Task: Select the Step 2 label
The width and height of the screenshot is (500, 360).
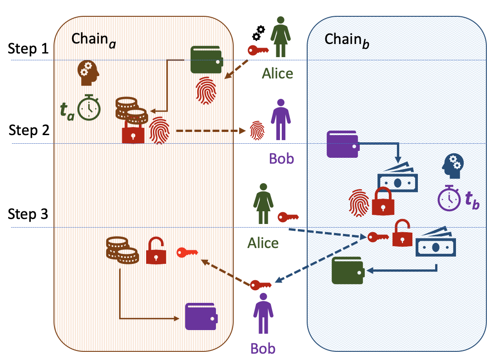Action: click(28, 131)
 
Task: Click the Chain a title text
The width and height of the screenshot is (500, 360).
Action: click(91, 39)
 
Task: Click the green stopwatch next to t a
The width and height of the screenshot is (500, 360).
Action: click(88, 107)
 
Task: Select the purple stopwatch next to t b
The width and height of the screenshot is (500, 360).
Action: click(449, 197)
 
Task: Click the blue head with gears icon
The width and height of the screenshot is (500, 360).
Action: click(453, 166)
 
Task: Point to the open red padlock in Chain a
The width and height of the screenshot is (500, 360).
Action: click(156, 251)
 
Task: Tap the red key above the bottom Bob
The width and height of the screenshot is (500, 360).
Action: click(261, 285)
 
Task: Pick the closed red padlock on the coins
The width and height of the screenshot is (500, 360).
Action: click(133, 132)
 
